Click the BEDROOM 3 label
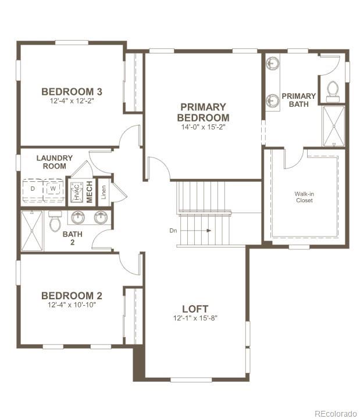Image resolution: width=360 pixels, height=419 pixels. [72, 91]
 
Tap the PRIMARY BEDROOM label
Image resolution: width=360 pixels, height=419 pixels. [202, 112]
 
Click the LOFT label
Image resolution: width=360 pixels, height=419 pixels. [195, 309]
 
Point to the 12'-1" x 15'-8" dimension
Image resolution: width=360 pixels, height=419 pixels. [195, 318]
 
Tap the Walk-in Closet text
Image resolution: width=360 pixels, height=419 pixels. [303, 197]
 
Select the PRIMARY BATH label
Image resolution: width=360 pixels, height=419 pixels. [299, 100]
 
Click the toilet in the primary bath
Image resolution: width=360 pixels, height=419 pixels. [333, 90]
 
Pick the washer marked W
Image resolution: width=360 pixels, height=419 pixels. [53, 189]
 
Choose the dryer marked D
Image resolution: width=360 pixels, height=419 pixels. [33, 189]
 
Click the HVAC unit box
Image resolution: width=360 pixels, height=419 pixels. [76, 192]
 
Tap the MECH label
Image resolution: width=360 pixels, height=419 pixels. [90, 192]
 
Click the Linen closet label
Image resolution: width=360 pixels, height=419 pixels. [104, 190]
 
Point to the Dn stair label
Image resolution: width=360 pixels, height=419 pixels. [173, 231]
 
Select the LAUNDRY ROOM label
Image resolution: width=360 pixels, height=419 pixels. [55, 162]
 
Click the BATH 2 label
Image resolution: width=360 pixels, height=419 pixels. [73, 238]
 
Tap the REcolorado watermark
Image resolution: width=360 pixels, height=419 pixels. [335, 413]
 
